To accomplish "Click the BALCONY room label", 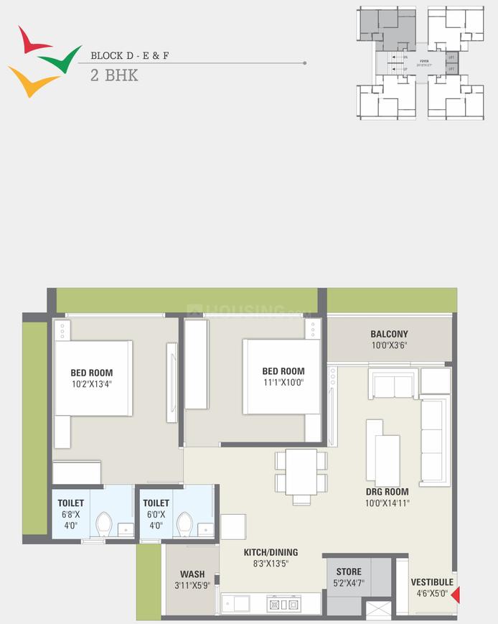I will (x=389, y=334).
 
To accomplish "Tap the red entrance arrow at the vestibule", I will (x=455, y=595).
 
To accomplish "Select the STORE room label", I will (x=349, y=572).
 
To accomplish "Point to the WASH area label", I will (x=192, y=574).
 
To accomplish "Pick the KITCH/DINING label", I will (x=270, y=552).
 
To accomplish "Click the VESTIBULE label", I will (x=432, y=582).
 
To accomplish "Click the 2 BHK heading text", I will (x=113, y=76).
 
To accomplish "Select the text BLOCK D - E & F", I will (x=129, y=55).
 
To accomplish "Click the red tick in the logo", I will (x=30, y=42).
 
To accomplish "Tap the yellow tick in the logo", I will (x=30, y=81).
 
